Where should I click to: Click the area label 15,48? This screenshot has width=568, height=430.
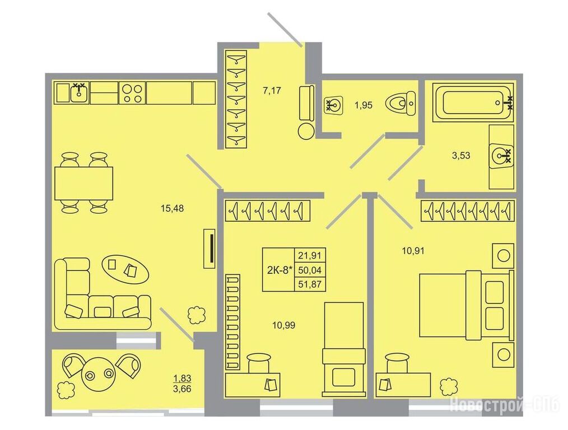click(172, 208)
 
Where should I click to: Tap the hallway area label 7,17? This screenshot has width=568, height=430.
click(271, 91)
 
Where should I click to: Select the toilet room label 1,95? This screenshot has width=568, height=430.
click(364, 105)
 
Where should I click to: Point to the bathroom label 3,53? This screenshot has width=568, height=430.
click(461, 156)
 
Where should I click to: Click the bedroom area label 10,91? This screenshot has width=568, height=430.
click(413, 250)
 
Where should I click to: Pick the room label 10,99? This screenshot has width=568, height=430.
click(283, 325)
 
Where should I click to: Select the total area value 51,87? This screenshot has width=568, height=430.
click(310, 284)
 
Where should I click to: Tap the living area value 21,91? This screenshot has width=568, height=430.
click(310, 255)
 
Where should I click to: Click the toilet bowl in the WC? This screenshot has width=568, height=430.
click(402, 104)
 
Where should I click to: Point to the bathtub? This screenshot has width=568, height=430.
click(474, 102)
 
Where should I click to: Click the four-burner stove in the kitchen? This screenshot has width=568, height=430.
click(132, 93)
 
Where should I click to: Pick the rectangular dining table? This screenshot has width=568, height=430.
click(83, 183)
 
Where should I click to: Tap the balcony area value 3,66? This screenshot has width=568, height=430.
click(182, 390)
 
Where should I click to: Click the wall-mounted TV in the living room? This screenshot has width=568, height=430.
click(209, 248)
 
